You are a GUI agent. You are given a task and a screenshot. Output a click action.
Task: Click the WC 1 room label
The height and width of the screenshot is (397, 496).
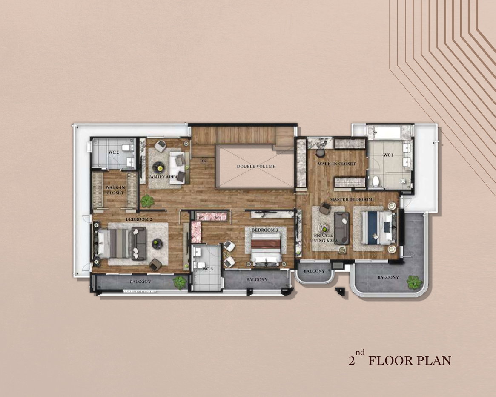pos(388,155)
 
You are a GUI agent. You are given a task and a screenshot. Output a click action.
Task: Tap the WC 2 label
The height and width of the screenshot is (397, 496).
pos(114,152)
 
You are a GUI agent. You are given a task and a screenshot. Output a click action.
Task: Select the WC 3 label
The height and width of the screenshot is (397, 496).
pos(207,269)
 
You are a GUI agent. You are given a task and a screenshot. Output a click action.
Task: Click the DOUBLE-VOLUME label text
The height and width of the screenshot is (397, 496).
pos(256,166)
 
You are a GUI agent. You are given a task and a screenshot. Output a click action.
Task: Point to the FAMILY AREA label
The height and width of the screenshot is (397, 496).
pos(163,177)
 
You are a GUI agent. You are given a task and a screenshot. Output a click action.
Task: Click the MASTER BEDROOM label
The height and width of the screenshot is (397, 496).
pos(351,199)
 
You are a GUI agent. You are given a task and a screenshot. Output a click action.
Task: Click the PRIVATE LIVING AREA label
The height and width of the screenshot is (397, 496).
pos(324,238)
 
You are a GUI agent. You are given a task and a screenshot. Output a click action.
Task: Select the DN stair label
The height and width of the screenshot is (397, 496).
pos(203,161)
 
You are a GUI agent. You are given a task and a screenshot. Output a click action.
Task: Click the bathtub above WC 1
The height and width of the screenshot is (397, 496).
pos(388,132)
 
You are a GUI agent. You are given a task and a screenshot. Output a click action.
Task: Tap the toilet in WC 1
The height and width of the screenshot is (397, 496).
pos(376,181)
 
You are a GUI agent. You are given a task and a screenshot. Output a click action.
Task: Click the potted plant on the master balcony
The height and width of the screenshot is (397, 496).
pos(414,282)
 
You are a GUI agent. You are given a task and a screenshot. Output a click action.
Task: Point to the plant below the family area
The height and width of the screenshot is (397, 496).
pos(147,201)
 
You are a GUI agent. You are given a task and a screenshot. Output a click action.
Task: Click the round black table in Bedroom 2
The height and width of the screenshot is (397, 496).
pos(157,244)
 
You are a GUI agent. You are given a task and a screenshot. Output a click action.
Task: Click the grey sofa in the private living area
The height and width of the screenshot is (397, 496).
pos(341,228)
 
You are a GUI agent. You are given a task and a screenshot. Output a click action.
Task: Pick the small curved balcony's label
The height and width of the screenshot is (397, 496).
pos(314,271)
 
